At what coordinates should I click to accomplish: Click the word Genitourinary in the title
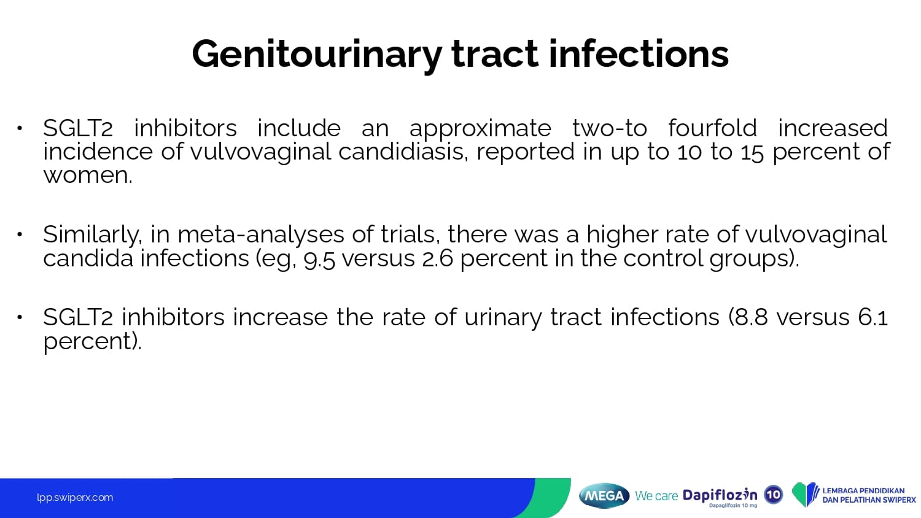(317, 55)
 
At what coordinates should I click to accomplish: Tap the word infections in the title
(639, 53)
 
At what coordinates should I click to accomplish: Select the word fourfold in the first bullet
(712, 128)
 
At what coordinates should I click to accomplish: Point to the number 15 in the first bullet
(752, 152)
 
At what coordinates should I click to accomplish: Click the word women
(88, 176)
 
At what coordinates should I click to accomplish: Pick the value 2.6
(437, 259)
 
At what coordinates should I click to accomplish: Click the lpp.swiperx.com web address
(75, 498)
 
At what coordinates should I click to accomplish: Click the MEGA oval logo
(604, 496)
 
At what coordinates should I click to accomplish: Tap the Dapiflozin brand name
(720, 495)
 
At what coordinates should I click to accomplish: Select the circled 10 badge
(774, 495)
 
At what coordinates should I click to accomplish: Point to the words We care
(656, 496)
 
